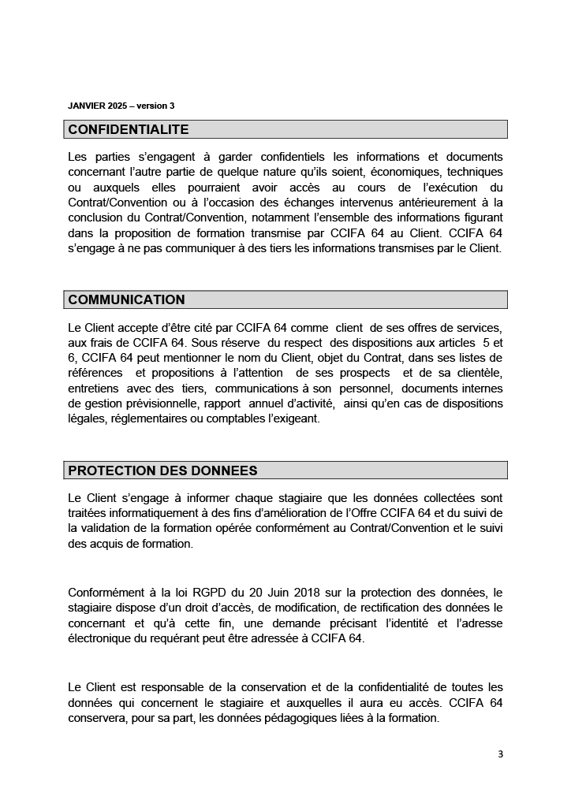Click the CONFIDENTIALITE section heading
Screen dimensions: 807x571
(x=129, y=129)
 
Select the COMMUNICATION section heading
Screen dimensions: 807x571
(x=126, y=299)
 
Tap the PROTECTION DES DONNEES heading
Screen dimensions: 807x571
(x=162, y=470)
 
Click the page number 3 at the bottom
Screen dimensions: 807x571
(x=500, y=753)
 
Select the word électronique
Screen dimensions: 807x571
(x=100, y=638)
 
